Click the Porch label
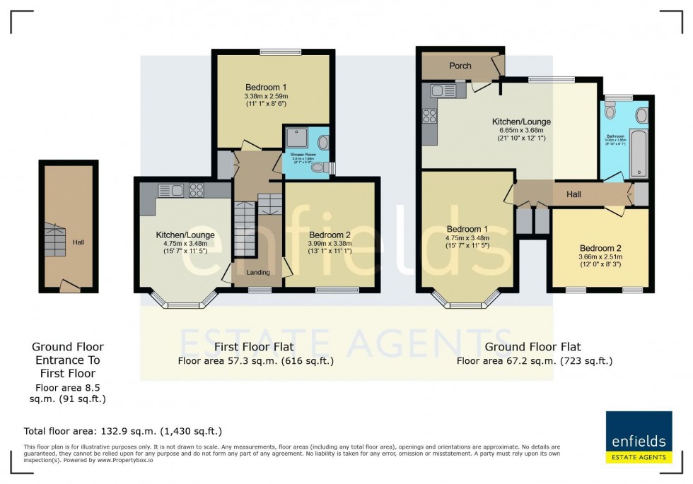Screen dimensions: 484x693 coord(460,66)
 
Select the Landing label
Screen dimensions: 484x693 coord(257,272)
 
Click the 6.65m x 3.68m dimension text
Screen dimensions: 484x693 coord(521,130)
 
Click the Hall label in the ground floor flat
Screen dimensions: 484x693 coord(573,194)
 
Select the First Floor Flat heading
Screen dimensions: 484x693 coord(254,347)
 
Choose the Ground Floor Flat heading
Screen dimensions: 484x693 coord(533,347)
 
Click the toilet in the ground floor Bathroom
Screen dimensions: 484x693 coord(611,112)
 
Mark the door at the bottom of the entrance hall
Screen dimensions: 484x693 coord(68,286)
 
